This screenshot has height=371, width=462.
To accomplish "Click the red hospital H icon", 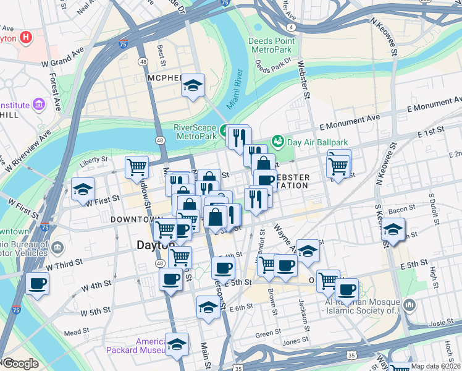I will [25, 37].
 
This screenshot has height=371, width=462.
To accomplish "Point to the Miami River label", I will [235, 91].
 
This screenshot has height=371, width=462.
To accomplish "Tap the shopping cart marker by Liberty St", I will [136, 166].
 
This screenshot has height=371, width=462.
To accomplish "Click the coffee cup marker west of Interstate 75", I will [38, 284].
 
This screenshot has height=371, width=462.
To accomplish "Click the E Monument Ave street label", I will [350, 122].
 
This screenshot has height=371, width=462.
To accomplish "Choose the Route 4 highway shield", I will [290, 27].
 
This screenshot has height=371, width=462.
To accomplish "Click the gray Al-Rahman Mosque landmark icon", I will [409, 305].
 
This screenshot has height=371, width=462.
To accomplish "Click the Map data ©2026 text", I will [435, 366].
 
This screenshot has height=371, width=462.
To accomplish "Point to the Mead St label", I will [77, 332].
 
